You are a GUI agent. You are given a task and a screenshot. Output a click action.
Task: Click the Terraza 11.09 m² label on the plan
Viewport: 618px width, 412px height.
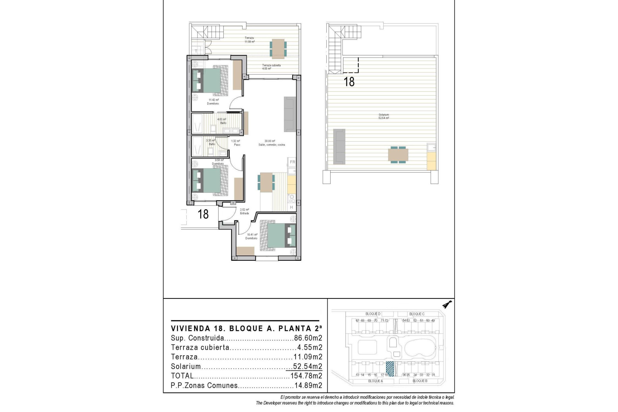tap(249, 40)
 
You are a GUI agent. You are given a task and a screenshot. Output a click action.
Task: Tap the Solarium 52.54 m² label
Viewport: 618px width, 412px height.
tap(384, 116)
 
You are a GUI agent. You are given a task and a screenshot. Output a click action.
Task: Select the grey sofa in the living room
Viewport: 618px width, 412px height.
tap(290, 114)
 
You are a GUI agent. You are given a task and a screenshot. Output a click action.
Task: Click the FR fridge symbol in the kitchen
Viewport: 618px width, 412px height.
tap(292, 162)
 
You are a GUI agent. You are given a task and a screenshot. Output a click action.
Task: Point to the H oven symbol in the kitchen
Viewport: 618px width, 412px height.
tap(292, 207)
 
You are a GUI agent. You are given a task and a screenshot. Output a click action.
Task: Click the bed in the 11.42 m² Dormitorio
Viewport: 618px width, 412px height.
tap(209, 80)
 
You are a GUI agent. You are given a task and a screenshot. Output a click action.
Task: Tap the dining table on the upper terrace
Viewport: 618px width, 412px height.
tap(277, 48)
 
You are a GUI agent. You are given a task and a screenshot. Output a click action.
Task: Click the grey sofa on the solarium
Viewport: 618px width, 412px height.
tap(339, 145)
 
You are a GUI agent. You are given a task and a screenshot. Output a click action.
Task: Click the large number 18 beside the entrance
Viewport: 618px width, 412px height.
tap(203, 214)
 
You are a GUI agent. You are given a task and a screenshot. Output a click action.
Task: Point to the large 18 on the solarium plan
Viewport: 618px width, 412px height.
tap(349, 81)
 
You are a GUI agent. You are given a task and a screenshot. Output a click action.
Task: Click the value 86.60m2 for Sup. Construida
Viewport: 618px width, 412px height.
tap(308, 338)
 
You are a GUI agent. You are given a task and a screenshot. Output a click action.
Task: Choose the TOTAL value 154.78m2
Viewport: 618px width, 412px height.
tap(306, 376)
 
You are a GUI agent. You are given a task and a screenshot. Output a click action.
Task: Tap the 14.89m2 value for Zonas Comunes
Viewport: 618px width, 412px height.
tap(308, 386)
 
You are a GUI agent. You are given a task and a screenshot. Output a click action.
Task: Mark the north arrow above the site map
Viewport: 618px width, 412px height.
tap(447, 304)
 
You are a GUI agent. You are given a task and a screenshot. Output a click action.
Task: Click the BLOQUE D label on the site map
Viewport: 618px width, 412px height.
tap(373, 314)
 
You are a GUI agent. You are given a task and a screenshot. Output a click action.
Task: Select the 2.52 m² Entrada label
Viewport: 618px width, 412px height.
tap(244, 211)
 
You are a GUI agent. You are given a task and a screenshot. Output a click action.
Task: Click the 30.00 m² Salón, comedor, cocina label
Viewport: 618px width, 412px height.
tap(271, 143)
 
